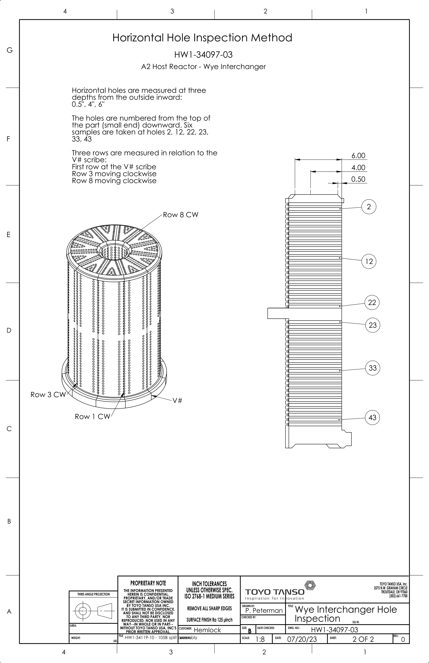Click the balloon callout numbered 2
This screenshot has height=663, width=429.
point(369,207)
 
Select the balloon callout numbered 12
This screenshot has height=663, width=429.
point(369,261)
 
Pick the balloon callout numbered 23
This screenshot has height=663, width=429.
point(373,325)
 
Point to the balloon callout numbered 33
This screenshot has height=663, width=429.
point(373,368)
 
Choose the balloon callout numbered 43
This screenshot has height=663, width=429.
point(372,417)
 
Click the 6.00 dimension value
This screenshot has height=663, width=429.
point(358,156)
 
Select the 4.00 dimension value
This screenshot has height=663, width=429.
point(358,168)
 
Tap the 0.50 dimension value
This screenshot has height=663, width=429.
point(358,179)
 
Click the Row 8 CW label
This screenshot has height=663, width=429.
point(181,215)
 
